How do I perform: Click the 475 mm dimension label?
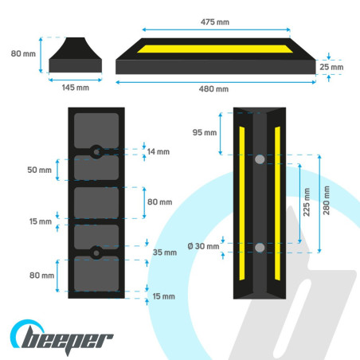coord(215,22)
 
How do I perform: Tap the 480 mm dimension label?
coord(213,89)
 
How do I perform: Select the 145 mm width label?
coord(76,88)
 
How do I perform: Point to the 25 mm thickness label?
coord(331,67)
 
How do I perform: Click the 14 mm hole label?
coord(158,151)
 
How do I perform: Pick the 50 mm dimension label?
coord(39,170)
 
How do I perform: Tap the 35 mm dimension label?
coord(165,252)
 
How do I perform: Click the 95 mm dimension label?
coord(205,132)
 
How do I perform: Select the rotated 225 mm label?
coord(307,202)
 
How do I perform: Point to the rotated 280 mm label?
coord(327,201)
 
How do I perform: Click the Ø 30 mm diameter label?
coord(203,246)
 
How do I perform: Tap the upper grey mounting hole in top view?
coord(260,159)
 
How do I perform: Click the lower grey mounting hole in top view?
coord(260,248)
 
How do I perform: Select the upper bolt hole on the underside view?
coord(96,152)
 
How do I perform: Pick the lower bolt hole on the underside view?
coord(96,253)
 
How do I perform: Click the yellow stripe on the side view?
coord(215,49)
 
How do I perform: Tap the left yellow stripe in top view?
coord(242,203)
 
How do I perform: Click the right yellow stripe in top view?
coord(277,203)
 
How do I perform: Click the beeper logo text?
coord(66,340)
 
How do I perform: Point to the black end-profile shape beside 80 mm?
coord(76,55)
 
